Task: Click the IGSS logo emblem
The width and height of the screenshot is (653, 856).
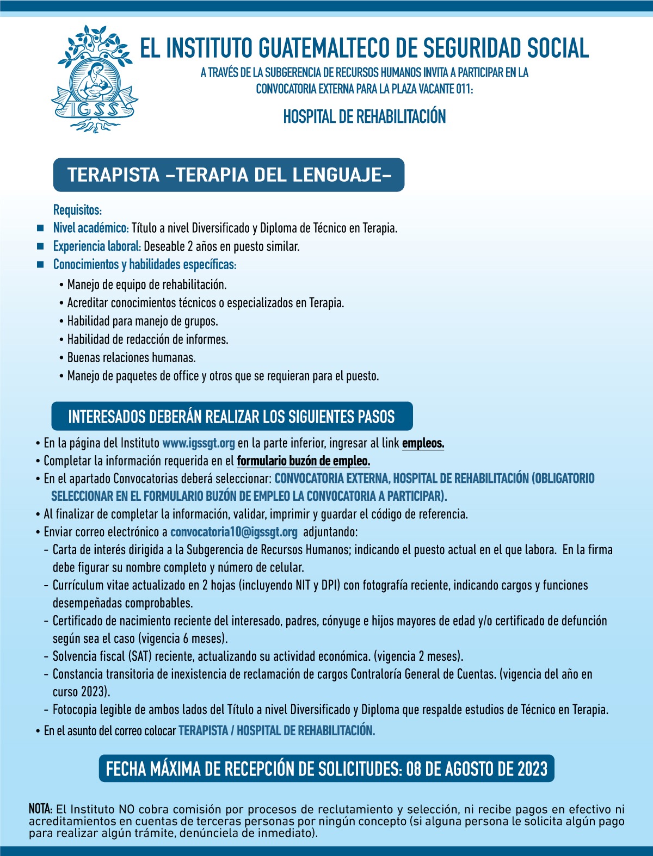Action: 94,79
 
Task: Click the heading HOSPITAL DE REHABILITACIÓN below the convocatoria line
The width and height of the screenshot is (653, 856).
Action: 364,116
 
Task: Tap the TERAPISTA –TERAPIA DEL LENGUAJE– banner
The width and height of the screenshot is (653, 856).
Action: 229,175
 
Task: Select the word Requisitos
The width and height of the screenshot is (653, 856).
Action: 77,210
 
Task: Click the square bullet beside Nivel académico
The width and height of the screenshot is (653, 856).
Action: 40,228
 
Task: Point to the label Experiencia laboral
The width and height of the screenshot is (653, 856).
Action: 97,246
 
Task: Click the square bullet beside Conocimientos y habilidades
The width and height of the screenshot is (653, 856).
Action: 40,265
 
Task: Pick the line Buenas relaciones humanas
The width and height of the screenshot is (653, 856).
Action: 131,358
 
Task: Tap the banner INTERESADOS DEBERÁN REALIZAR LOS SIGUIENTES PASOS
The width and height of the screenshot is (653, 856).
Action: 231,417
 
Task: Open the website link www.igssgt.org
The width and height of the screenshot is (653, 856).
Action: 199,443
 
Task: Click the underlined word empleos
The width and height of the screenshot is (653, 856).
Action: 423,443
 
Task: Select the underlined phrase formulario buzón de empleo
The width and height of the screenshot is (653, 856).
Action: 303,461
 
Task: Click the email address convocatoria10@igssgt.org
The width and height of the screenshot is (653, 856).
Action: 234,532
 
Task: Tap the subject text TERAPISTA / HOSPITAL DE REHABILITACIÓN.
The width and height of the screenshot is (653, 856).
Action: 276,730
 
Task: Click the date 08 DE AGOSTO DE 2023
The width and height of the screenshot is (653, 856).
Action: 477,769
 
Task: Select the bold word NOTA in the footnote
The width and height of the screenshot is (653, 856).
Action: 40,809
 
